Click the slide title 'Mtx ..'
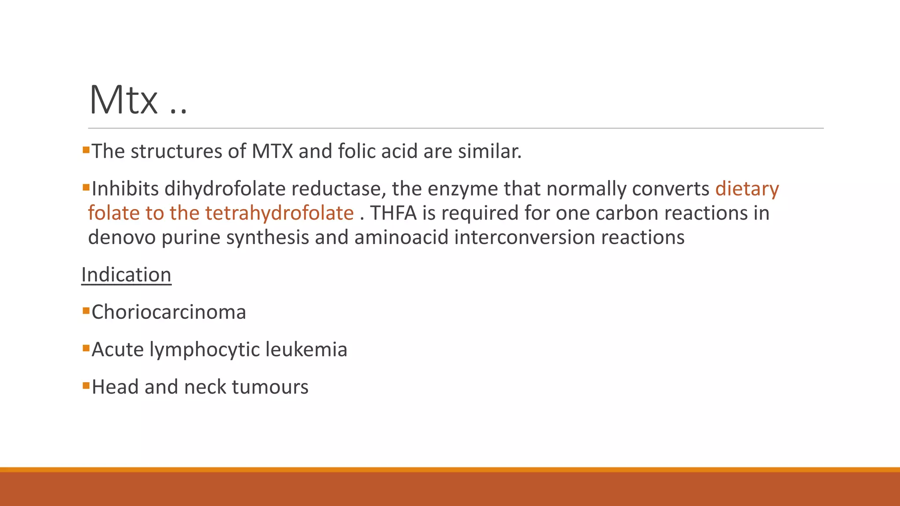tap(138, 100)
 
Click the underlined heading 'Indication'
tap(126, 275)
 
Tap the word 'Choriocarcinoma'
tap(169, 312)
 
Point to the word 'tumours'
tap(270, 387)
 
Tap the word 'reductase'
tap(338, 189)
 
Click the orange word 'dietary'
tap(747, 189)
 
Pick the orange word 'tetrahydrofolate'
tap(279, 213)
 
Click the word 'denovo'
tap(122, 237)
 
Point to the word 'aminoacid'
tap(402, 237)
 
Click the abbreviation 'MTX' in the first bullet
tap(272, 152)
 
